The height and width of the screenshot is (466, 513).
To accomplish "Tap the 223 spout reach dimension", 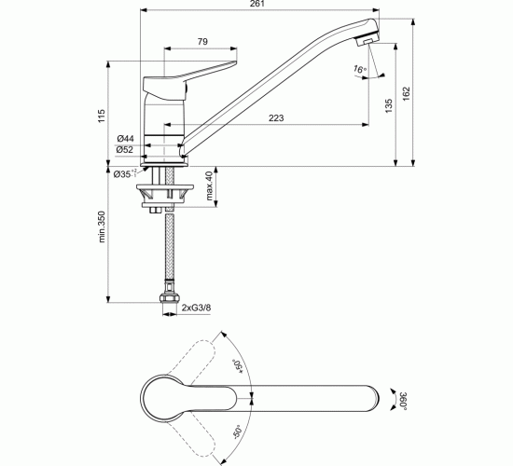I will click(x=277, y=117).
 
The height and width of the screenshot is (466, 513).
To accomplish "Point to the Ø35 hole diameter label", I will click(x=124, y=173).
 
